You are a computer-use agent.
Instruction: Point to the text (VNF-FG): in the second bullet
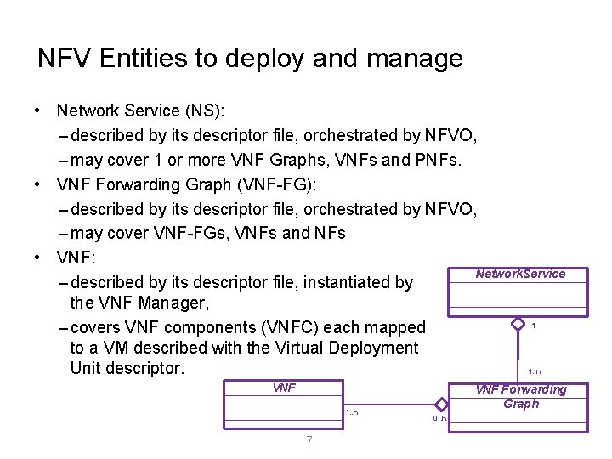(x=272, y=184)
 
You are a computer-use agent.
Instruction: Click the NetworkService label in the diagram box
(x=520, y=274)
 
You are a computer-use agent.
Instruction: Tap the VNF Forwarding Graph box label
(x=520, y=396)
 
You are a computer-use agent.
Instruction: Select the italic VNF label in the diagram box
(x=284, y=388)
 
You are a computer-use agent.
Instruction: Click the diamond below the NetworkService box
(x=518, y=324)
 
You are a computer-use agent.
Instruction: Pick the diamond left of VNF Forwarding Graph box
(x=441, y=405)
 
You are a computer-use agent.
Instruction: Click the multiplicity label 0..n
(x=439, y=418)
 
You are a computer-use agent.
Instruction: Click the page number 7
(x=309, y=440)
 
